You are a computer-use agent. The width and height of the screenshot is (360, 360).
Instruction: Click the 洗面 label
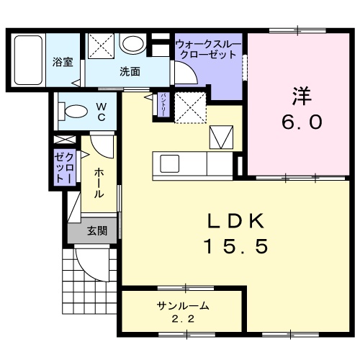click(x=130, y=72)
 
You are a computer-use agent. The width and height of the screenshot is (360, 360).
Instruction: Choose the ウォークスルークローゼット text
click(x=207, y=49)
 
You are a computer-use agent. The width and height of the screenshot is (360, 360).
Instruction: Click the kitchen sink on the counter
click(x=170, y=163)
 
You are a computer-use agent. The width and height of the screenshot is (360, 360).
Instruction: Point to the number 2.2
click(x=177, y=318)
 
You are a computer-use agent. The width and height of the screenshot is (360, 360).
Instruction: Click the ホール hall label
click(x=97, y=183)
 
